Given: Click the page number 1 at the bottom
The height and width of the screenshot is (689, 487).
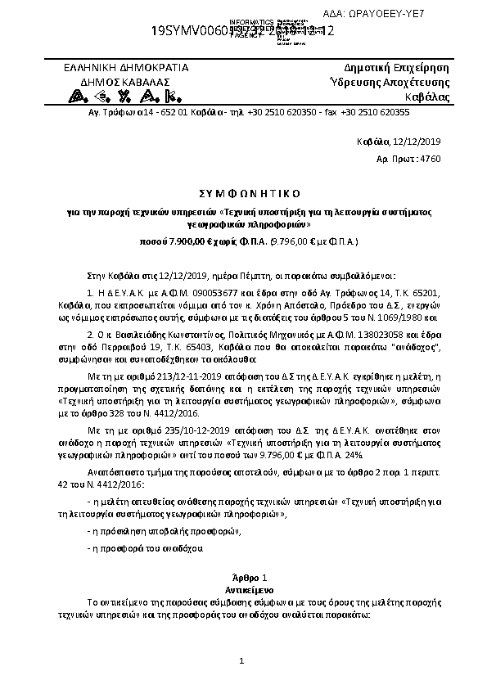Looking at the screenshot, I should tap(241, 660).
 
